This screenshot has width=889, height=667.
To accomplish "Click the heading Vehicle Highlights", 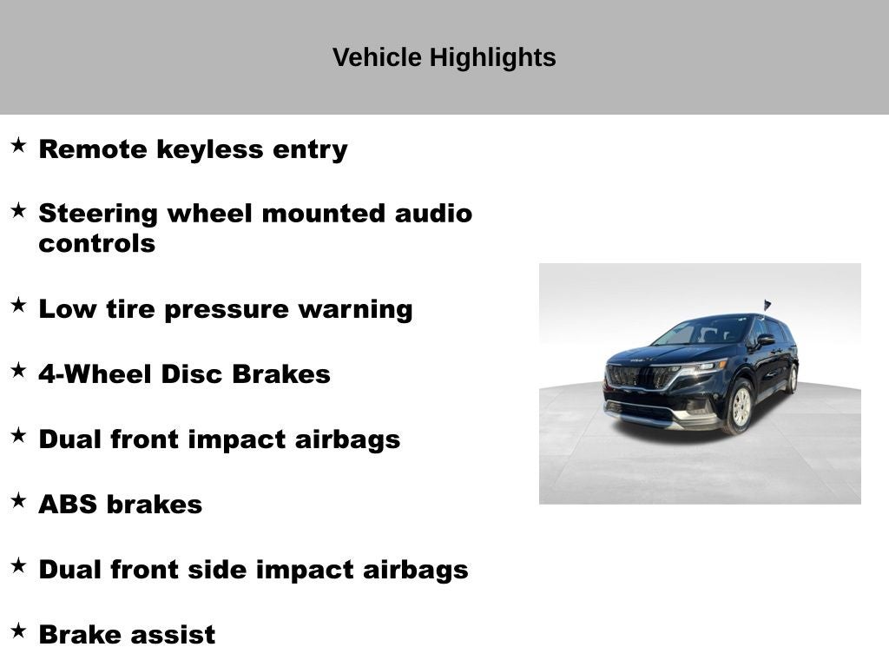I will (x=444, y=58).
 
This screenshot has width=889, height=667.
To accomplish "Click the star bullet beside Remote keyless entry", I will (x=18, y=145).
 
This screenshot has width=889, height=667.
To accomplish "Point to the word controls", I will (x=96, y=244).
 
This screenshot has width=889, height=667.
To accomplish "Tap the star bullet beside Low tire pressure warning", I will (x=18, y=305).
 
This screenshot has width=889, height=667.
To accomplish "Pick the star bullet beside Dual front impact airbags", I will (x=18, y=435).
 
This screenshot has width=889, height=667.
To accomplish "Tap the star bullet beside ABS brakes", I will (x=18, y=500).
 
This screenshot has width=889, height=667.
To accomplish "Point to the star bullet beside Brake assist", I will (x=18, y=631).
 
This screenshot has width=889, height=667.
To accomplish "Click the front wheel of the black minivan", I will (x=740, y=406).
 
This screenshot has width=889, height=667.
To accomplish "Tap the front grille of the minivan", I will (x=639, y=376).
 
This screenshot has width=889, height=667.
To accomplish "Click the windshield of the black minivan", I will (x=701, y=332).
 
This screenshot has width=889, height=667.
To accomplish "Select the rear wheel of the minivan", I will (x=791, y=379).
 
